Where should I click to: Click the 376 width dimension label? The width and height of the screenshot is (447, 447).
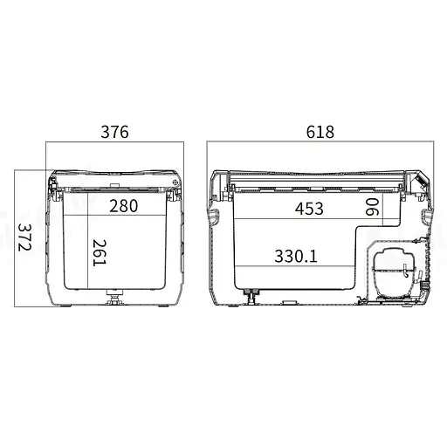pos(114,132)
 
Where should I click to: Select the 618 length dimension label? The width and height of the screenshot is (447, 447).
pos(320,132)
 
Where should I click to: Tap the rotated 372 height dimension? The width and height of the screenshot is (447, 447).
pos(24,237)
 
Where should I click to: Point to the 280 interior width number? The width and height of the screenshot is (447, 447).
pos(123,206)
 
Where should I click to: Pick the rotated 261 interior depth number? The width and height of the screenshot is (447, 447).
pos(100,252)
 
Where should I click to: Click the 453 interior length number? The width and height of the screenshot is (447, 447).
pos(309,209)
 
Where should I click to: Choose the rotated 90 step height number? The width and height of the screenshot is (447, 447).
pos(372,207)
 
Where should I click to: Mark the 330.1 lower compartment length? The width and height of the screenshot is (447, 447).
pos(296,256)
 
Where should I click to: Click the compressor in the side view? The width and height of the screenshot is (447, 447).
pos(395,272)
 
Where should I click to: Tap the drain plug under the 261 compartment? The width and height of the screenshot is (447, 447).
pos(115,297)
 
